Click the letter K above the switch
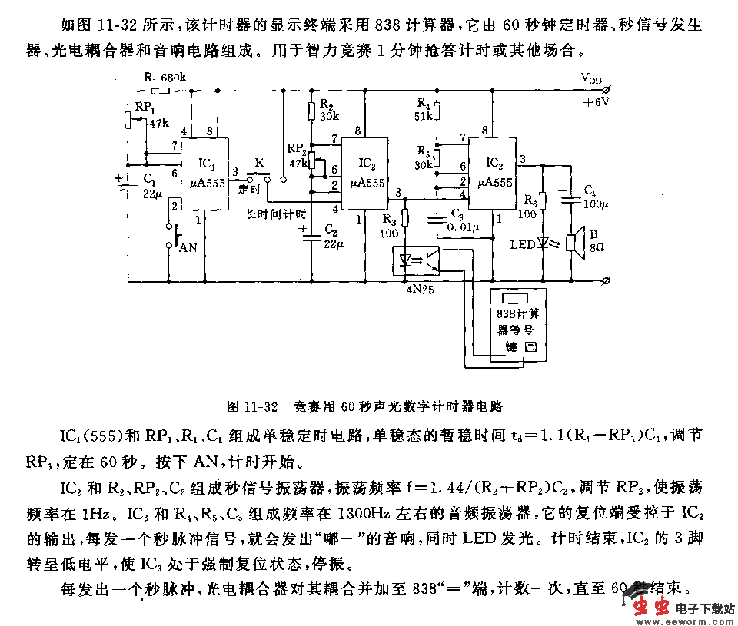tap(259, 163)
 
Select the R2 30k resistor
tap(311, 112)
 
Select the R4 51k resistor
tap(436, 112)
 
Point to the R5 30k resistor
tap(436, 157)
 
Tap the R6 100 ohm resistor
tap(543, 200)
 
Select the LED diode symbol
tap(544, 243)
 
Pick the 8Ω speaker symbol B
tap(573, 243)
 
